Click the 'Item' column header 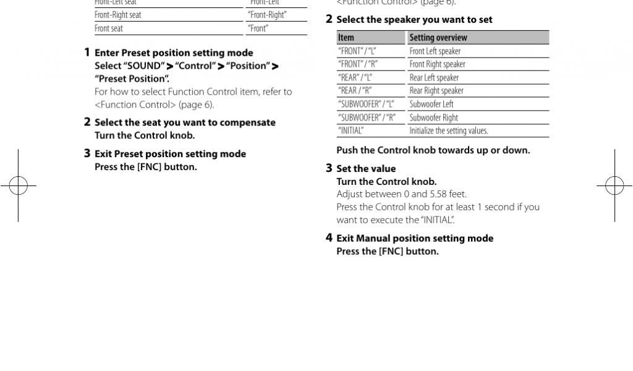[x=346, y=38]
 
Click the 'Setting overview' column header [x=438, y=38]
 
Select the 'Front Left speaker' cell [x=435, y=51]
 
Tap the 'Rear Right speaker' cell [x=436, y=91]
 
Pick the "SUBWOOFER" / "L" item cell [x=366, y=104]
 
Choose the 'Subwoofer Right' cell [x=433, y=117]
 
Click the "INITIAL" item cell [x=350, y=130]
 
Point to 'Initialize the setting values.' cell [x=448, y=130]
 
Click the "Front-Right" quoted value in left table [x=267, y=15]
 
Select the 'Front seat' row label [x=109, y=28]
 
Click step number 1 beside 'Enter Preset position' [x=87, y=53]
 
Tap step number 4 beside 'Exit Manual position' [x=329, y=238]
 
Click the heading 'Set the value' [x=366, y=168]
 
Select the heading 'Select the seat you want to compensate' [x=185, y=122]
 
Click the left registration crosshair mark [x=19, y=185]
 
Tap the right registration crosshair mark [x=614, y=185]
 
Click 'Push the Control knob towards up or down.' [x=433, y=150]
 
